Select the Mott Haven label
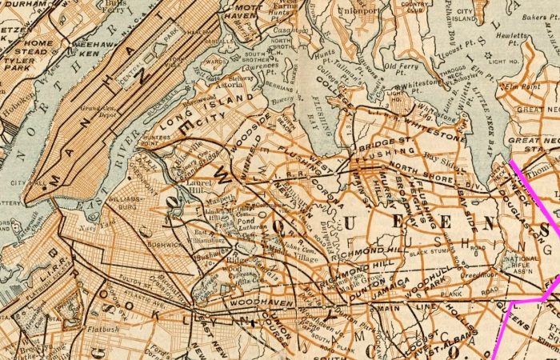tap(243, 12)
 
